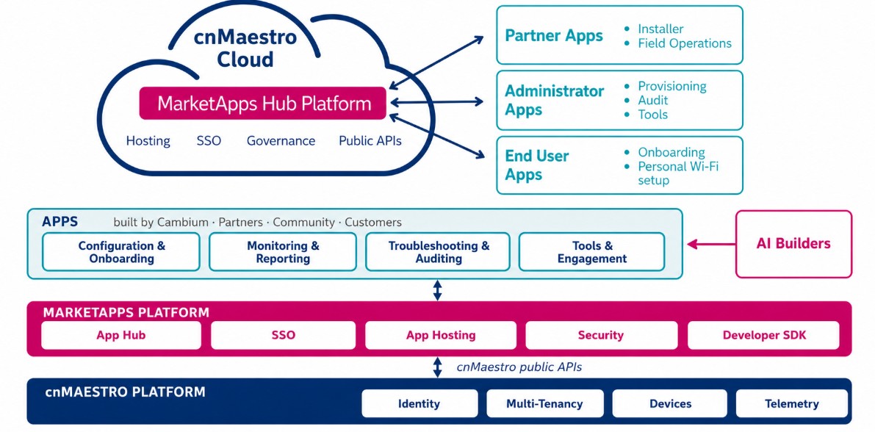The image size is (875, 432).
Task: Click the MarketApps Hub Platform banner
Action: coord(262,104)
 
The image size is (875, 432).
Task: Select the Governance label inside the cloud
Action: coord(281,140)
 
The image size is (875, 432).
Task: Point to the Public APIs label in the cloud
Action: coord(370,140)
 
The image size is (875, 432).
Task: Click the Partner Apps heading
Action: coord(553,36)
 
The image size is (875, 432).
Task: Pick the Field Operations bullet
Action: coord(684,43)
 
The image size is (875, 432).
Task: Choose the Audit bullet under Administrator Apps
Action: coord(653,101)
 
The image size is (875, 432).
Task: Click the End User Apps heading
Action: coord(537,165)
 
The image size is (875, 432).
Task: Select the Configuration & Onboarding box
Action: coord(121,252)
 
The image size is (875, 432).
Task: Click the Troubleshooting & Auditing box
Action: coord(438,252)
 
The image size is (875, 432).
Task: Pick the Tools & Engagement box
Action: coord(591,252)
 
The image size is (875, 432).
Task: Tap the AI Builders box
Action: coord(793,244)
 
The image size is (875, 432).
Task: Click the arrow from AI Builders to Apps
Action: coord(711,244)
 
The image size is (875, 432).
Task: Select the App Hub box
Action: coord(121,336)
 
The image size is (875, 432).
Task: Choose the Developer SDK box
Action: coord(763,336)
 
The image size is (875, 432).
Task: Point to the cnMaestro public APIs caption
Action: coord(519,367)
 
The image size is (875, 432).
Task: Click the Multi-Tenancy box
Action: coord(544,403)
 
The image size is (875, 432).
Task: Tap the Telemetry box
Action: coord(792,403)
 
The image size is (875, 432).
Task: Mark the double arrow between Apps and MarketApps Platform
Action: coord(438,290)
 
